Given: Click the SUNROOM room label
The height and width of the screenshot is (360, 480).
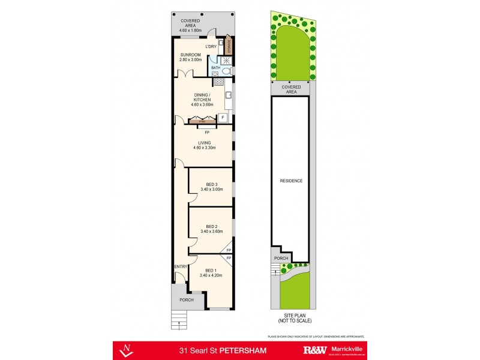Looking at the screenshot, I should click(190, 54).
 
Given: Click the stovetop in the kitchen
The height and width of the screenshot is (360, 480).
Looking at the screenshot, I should click(219, 82).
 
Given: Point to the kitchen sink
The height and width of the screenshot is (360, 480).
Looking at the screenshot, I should click(229, 95).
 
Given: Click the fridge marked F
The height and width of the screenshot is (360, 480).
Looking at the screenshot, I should click(222, 118).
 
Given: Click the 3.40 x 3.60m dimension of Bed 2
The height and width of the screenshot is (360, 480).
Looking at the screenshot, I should click(211, 232).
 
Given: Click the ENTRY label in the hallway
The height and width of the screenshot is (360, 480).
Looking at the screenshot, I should click(181, 266).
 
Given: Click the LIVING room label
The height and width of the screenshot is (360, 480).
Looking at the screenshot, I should click(203, 143).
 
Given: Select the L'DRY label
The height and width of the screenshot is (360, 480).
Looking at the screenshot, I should click(211, 46).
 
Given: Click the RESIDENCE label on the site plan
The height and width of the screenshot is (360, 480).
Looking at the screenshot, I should click(290, 181).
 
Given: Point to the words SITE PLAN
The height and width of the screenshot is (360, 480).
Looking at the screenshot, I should click(290, 315).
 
